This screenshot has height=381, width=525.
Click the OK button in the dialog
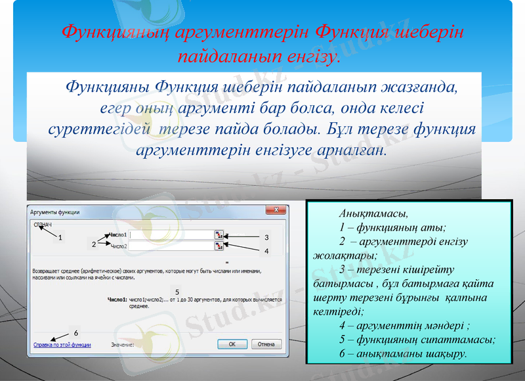click(x=232, y=344)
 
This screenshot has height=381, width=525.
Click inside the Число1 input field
click(x=170, y=235)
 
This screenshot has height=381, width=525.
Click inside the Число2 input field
click(x=170, y=246)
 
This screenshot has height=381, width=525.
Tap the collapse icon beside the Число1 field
click(x=219, y=235)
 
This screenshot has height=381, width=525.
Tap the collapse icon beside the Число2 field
click(x=219, y=246)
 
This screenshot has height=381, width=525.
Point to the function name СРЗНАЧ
click(x=43, y=224)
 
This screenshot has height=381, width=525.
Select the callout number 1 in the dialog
click(x=60, y=237)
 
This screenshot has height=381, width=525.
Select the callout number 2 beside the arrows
click(x=94, y=244)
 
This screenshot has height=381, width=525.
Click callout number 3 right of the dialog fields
click(x=266, y=237)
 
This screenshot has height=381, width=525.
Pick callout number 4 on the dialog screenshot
click(x=266, y=250)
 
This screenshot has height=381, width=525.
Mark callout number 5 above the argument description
click(x=177, y=290)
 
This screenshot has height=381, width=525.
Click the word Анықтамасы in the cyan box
click(x=373, y=214)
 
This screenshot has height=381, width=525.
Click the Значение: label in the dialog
click(x=122, y=344)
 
